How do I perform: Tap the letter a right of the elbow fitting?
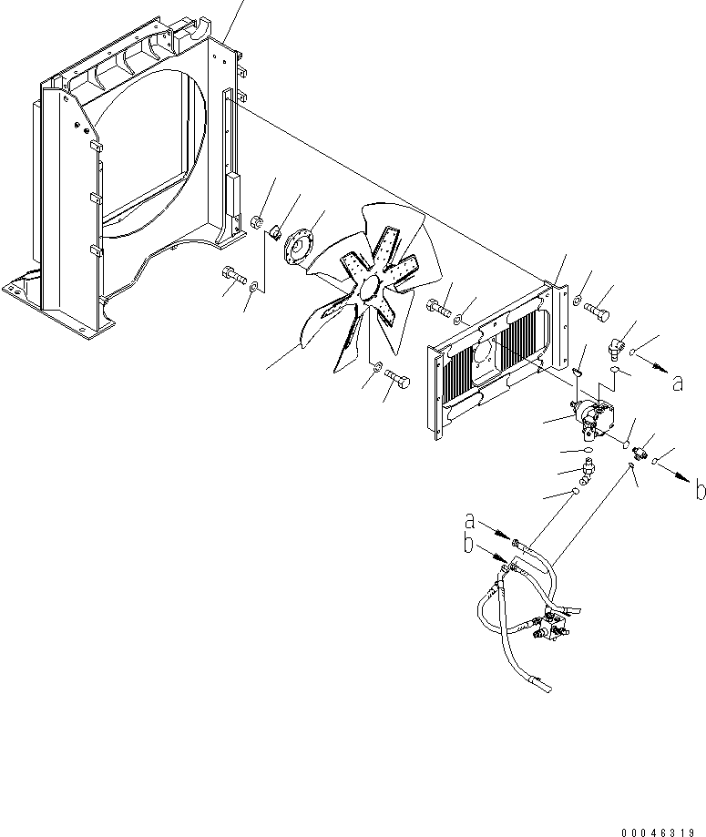(677, 383)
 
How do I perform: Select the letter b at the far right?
(699, 491)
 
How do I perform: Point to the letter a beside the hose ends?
(470, 523)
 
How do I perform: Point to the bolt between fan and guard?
(436, 307)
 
